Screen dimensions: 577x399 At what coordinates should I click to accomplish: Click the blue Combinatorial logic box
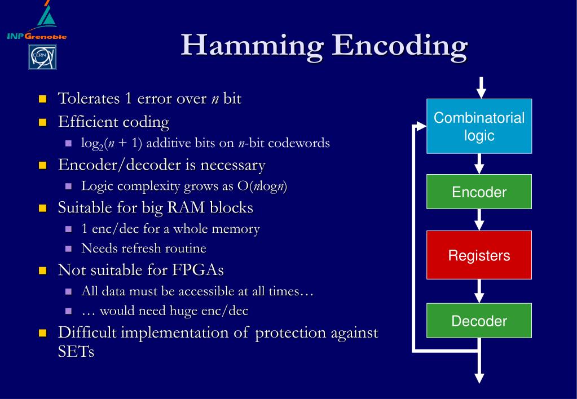(479, 126)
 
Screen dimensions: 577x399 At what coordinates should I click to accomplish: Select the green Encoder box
(479, 192)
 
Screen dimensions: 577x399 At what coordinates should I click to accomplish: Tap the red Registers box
(479, 255)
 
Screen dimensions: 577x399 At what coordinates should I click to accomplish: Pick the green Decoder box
(479, 321)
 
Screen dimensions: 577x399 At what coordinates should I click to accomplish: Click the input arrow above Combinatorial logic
(480, 88)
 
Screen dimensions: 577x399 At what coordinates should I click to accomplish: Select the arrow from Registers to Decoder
(479, 291)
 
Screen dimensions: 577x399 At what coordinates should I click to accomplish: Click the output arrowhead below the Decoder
(479, 376)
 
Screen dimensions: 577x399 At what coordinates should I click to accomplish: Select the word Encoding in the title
(400, 45)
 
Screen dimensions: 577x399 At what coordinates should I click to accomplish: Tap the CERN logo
(43, 57)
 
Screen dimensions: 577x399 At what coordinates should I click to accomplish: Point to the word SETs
(76, 352)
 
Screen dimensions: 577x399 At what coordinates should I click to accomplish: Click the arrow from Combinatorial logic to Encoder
(479, 163)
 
